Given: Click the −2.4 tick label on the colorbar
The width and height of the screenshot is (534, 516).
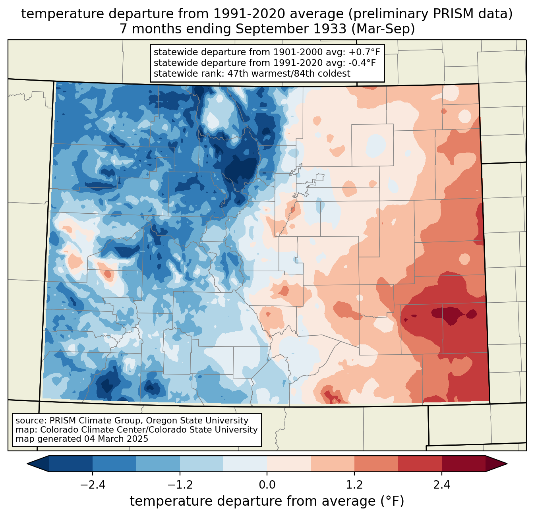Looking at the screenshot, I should (x=93, y=485).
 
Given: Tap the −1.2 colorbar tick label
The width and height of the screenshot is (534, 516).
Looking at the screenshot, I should (x=180, y=485).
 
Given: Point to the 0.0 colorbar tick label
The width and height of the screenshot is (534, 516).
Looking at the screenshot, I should (x=267, y=485).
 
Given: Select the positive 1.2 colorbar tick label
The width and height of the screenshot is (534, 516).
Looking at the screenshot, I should (x=354, y=485).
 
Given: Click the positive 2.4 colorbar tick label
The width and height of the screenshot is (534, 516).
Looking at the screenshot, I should (x=441, y=485).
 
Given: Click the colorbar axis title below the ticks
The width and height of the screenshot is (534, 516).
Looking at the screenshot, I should (x=267, y=501).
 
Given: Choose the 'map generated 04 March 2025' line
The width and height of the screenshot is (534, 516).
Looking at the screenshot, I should (x=82, y=439).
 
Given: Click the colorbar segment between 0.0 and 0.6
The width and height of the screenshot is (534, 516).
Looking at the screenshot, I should (x=289, y=464).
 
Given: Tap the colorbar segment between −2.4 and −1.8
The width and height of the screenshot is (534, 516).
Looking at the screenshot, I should (x=114, y=464).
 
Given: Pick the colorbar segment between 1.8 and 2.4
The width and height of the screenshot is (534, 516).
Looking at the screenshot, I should (x=420, y=464).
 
